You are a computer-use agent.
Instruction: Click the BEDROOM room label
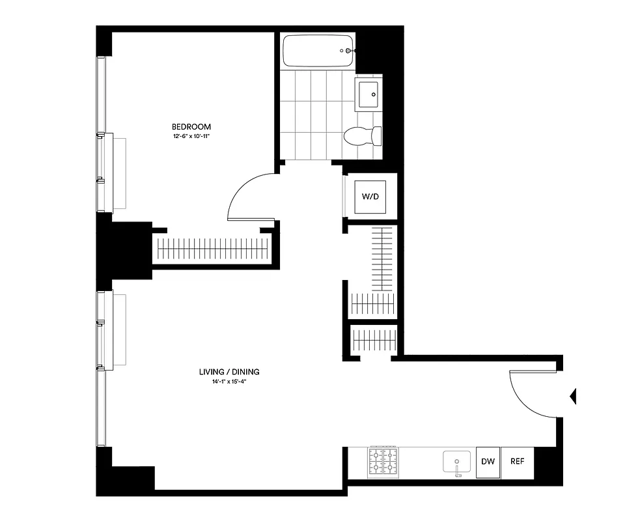[191, 126]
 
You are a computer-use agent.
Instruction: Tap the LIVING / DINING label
[229, 372]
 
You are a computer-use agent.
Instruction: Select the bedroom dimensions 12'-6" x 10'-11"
[191, 137]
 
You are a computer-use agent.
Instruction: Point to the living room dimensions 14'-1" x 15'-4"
[229, 382]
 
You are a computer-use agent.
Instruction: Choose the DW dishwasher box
[488, 462]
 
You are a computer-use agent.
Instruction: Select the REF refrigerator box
[517, 462]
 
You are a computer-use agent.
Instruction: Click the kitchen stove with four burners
[383, 462]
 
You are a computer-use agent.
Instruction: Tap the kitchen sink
[457, 462]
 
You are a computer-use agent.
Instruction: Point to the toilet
[362, 136]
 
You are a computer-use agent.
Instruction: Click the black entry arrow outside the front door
[573, 395]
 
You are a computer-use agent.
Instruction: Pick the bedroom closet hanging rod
[213, 248]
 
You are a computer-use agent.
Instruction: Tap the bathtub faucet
[348, 51]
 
